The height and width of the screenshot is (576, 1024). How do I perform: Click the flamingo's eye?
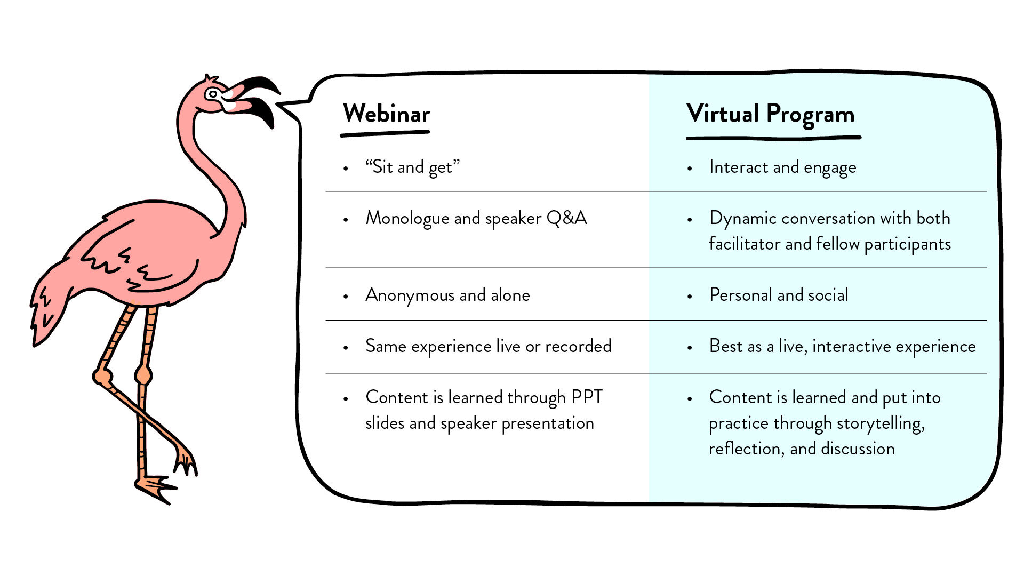click(x=213, y=94)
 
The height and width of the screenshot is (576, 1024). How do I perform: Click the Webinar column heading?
click(x=386, y=114)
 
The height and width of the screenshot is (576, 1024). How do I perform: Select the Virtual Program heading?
click(x=771, y=114)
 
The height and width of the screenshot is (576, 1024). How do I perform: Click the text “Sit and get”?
click(x=412, y=167)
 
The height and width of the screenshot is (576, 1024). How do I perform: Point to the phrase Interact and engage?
click(x=782, y=167)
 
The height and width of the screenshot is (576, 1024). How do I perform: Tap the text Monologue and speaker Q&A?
click(x=476, y=218)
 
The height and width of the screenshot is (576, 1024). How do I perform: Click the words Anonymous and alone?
click(x=447, y=295)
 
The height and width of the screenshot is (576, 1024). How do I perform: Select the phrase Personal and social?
click(x=779, y=295)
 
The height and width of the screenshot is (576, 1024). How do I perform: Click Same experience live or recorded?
click(x=488, y=346)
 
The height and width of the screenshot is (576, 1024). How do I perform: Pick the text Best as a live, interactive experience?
click(x=842, y=346)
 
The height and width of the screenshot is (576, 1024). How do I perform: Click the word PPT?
click(x=587, y=397)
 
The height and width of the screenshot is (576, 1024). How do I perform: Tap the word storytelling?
click(x=880, y=423)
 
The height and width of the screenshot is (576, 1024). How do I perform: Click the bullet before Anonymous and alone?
click(x=346, y=296)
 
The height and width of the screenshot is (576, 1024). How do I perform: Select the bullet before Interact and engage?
click(x=690, y=169)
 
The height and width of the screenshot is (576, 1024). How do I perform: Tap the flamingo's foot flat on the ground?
click(x=155, y=486)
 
